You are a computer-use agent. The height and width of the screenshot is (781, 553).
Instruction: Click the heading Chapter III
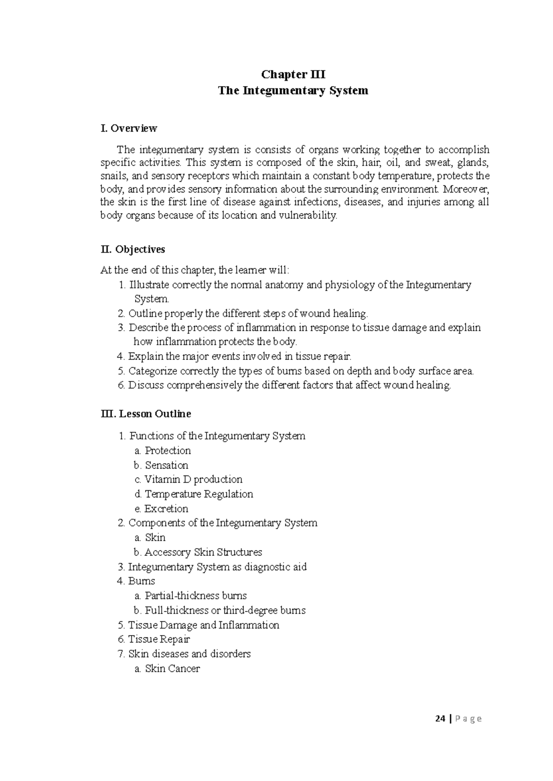(x=293, y=75)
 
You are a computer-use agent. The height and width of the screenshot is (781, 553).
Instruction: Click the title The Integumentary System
(x=293, y=91)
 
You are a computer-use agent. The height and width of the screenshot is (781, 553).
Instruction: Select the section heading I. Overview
(x=129, y=128)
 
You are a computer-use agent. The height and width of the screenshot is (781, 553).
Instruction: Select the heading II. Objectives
(x=133, y=249)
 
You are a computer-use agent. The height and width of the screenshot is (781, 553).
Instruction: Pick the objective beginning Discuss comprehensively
(x=284, y=385)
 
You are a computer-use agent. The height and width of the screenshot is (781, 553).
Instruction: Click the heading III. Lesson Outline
(x=146, y=414)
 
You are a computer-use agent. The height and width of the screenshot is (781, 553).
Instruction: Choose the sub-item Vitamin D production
(x=194, y=480)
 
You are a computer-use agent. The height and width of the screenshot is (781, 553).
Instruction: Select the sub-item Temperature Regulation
(x=199, y=494)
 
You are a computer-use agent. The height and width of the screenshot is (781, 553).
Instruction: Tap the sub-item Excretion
(x=166, y=509)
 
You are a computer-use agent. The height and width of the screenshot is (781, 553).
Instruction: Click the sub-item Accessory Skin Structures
(x=203, y=552)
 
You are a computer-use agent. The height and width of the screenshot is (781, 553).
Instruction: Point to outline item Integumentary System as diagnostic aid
(x=217, y=567)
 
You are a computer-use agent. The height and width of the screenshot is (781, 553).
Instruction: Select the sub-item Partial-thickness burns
(x=196, y=596)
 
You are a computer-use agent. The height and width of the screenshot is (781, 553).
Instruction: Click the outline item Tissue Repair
(x=159, y=639)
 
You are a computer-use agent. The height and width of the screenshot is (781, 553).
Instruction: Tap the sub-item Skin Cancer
(x=172, y=669)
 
